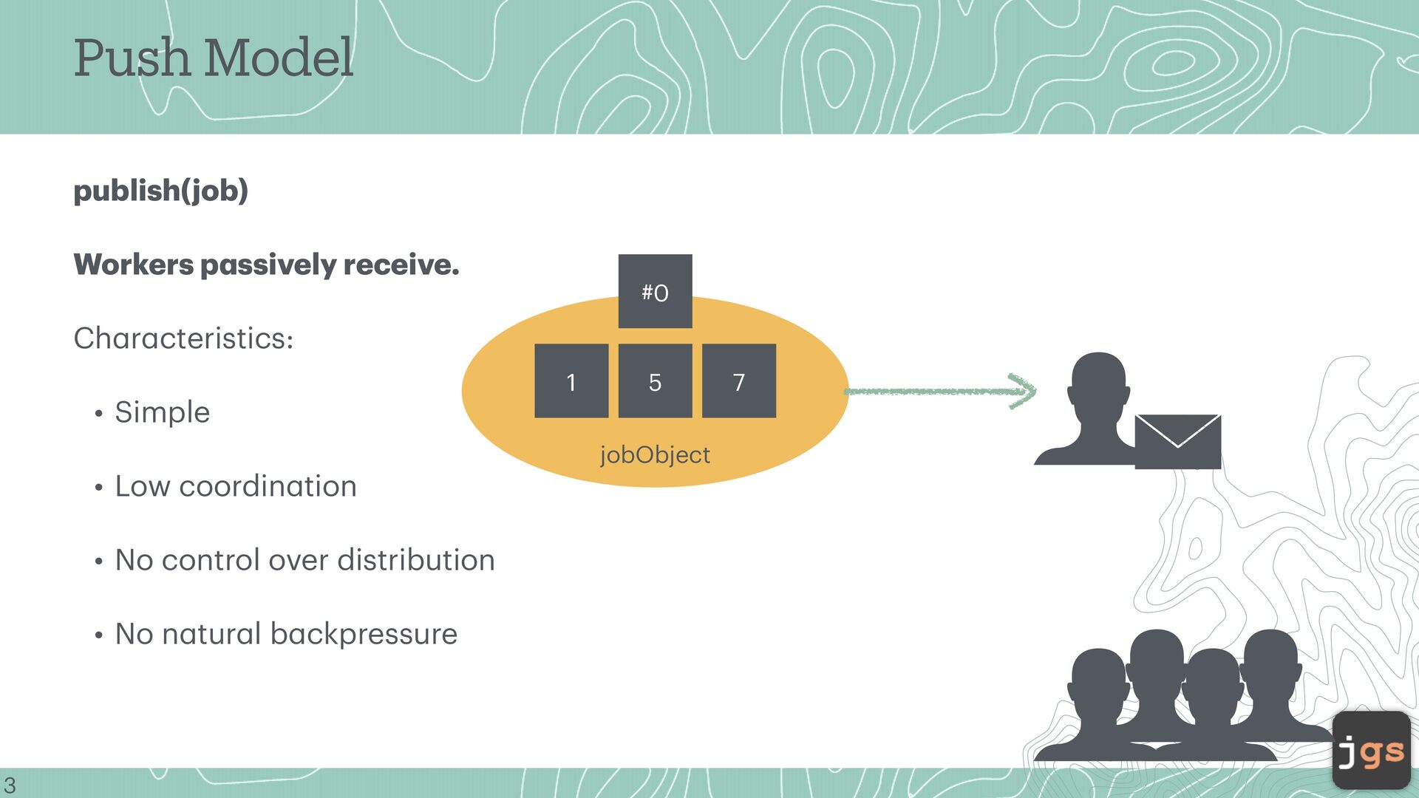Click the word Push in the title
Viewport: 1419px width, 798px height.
click(132, 58)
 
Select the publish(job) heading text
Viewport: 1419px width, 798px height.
click(160, 191)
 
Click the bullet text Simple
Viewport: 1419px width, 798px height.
click(162, 412)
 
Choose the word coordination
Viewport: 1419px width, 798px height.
click(268, 486)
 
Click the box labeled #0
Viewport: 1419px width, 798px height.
click(655, 291)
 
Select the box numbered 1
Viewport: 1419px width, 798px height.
click(571, 381)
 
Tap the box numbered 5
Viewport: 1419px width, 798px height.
click(655, 381)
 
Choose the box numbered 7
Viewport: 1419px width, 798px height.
click(738, 381)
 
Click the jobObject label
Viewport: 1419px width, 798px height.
click(655, 454)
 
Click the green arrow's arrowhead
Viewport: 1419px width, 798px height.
click(1024, 391)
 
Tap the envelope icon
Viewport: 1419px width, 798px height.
click(1177, 441)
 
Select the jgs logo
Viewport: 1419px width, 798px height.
click(1371, 750)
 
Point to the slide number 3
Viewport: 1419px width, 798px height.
click(10, 785)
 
